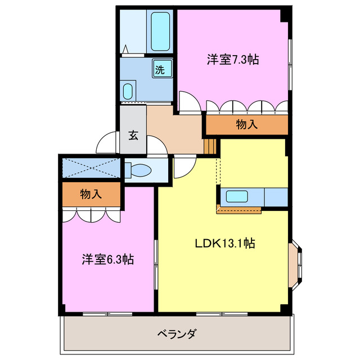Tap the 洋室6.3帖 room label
[107, 260]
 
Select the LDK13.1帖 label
[225, 244]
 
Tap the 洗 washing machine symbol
[160, 70]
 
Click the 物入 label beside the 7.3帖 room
[247, 125]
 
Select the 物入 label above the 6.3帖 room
[91, 195]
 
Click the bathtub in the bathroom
[161, 32]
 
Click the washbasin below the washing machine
[129, 90]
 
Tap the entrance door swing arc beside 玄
[107, 144]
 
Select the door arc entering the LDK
[184, 167]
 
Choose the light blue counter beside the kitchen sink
[276, 197]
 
